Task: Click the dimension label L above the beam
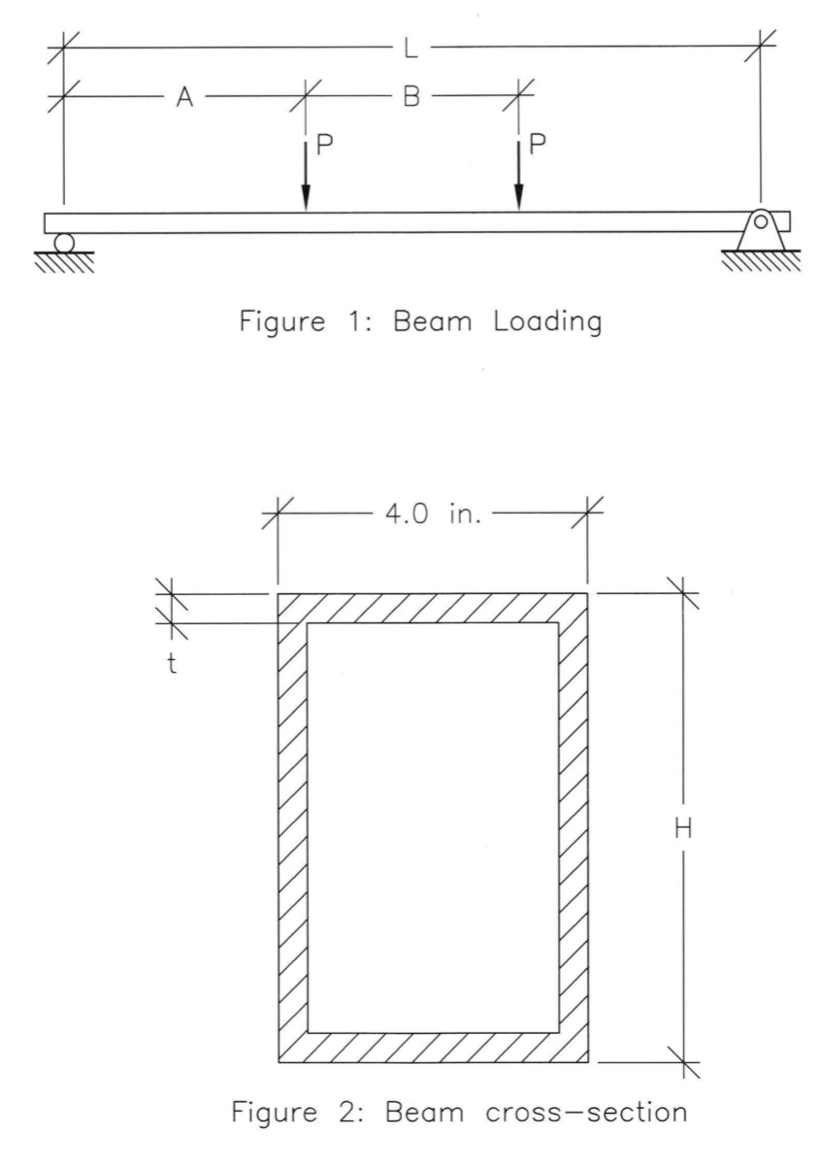411,46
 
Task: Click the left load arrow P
306,175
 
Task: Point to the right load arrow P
518,175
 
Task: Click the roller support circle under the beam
64,242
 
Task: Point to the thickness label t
171,667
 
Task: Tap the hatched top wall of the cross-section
433,608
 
